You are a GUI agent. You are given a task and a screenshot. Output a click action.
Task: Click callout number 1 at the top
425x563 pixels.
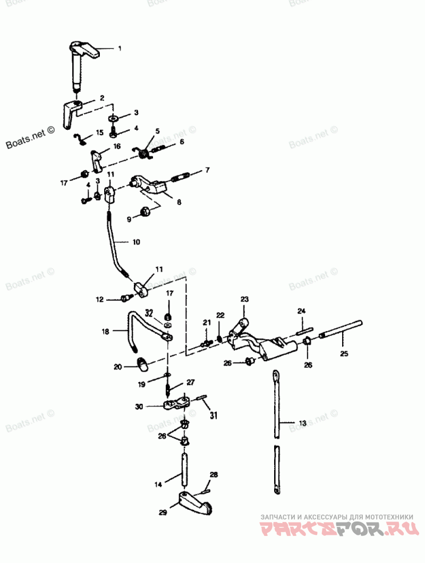pos(120,48)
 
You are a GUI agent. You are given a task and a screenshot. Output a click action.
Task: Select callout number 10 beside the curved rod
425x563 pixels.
pos(136,242)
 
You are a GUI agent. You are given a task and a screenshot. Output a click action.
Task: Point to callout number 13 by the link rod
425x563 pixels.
pos(302,423)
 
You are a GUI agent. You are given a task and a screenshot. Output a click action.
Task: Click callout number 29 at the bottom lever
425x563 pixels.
pos(163,512)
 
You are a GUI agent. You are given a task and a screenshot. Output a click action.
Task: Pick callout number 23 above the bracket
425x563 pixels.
pos(244,300)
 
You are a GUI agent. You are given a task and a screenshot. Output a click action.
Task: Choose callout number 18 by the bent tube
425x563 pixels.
pos(105,331)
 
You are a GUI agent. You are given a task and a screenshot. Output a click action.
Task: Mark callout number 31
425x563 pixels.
pos(214,415)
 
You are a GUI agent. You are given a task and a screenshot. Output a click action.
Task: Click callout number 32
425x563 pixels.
pos(149,312)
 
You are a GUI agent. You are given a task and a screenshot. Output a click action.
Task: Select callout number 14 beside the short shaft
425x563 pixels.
pos(158,484)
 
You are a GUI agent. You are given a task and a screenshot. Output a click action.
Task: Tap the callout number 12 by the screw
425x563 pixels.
pos(99,300)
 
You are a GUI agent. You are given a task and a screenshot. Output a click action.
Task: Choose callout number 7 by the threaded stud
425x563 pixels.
pos(207,170)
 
